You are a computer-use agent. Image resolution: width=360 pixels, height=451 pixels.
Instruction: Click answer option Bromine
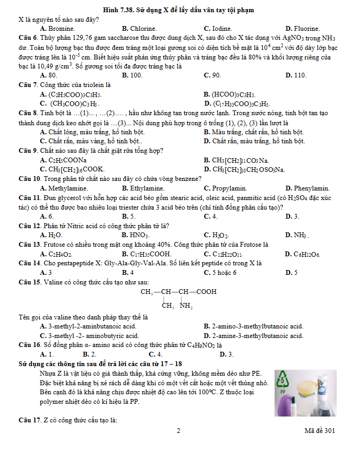click(61, 29)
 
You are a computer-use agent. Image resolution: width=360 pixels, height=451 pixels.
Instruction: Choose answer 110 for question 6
click(299, 75)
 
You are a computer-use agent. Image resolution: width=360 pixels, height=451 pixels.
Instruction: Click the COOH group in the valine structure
click(206, 292)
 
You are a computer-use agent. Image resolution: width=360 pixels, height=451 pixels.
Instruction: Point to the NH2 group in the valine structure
click(186, 306)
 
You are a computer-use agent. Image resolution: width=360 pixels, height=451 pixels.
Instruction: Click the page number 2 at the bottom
click(179, 431)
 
